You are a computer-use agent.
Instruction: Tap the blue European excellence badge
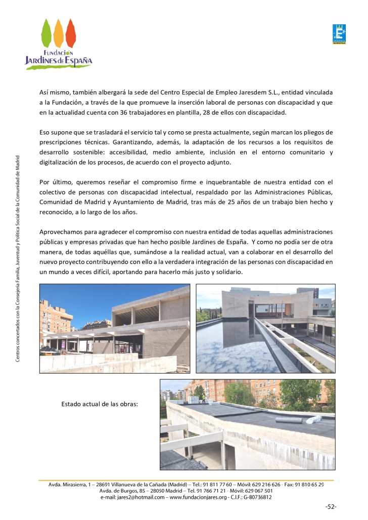[339, 34]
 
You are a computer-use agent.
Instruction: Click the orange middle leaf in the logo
[59, 33]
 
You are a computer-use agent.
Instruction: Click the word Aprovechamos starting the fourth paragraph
[61, 231]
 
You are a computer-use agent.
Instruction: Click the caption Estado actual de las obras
[100, 404]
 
